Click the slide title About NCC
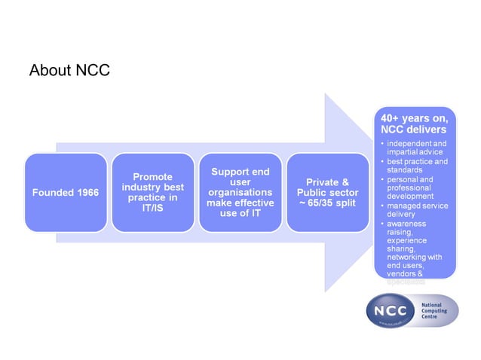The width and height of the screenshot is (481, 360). click(69, 71)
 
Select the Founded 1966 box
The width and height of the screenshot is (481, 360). click(65, 192)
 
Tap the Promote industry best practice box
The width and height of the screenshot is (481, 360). click(152, 192)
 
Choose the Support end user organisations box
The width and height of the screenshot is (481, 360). click(240, 192)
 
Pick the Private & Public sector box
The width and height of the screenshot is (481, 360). click(327, 192)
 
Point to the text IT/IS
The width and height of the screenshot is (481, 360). click(153, 208)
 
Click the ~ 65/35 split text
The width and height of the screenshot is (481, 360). click(327, 203)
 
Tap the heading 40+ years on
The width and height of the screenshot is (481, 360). click(414, 117)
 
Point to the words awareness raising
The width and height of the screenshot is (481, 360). click(408, 228)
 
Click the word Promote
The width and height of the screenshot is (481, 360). click(152, 175)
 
